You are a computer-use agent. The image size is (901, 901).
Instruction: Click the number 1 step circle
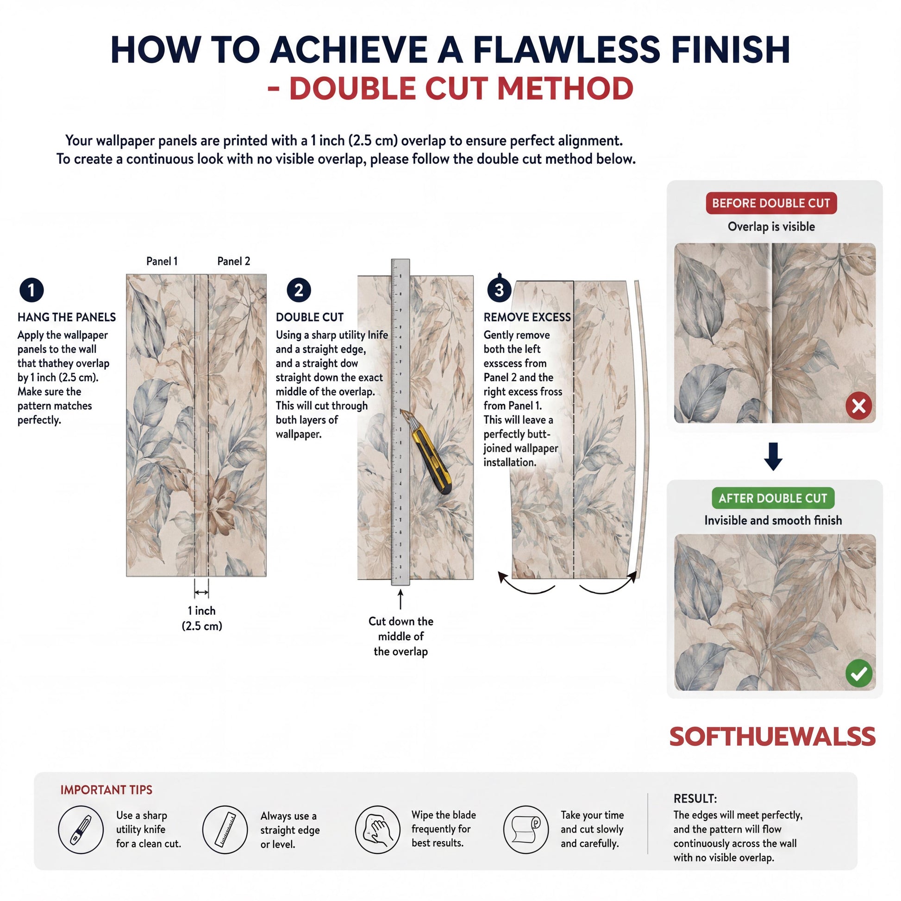point(31,290)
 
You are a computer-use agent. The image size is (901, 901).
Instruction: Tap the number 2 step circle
point(299,290)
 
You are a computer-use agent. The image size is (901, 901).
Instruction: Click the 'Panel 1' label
point(162,261)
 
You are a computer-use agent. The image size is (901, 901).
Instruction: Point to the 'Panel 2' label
point(234,261)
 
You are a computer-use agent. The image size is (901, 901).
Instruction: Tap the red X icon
point(858,406)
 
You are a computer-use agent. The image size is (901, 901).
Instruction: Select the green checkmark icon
point(858,673)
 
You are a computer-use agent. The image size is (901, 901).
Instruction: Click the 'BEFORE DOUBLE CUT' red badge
point(771,203)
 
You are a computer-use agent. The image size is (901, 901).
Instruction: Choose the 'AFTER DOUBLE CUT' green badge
point(773,498)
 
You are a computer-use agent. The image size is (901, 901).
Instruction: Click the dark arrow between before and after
point(773,456)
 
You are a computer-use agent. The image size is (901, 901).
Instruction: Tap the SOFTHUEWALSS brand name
point(772,737)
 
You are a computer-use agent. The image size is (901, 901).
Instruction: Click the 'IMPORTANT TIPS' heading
point(106,789)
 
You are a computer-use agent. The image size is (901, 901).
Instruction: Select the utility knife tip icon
point(81,830)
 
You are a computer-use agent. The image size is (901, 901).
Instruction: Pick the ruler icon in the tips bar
point(225,830)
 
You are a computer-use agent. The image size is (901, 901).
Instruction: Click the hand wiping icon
point(378,830)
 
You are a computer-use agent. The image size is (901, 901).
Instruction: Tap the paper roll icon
point(526,830)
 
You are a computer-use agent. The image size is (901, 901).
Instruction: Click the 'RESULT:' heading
point(695,798)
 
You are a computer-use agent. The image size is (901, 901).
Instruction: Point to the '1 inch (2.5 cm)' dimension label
point(202,618)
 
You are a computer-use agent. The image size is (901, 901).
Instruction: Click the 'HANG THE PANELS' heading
point(67,317)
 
